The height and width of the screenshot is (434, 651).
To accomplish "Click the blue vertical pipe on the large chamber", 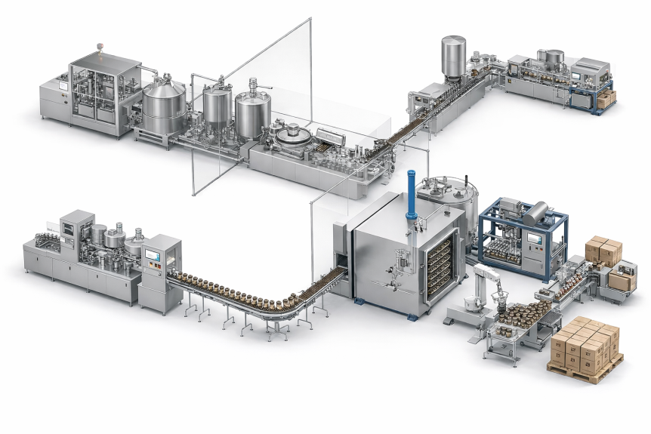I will tap(411, 198).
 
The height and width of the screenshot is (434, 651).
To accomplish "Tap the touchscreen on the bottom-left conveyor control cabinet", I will tap(154, 256).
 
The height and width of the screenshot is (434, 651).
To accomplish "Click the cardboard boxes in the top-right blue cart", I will tap(606, 98).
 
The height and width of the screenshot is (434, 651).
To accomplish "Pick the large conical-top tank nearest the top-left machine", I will tap(164, 103).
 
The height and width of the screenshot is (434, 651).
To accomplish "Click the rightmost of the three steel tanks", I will tap(252, 112).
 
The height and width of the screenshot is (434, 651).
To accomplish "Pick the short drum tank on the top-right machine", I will tap(554, 57).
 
